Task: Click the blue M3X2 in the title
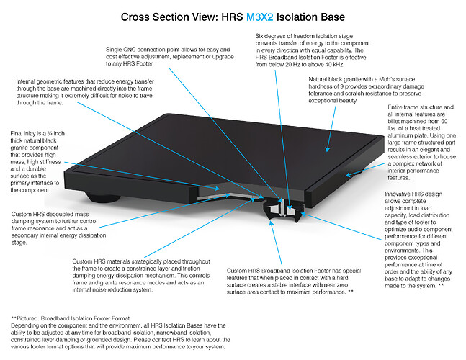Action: [259, 17]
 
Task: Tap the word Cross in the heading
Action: [135, 17]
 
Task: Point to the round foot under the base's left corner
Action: [103, 197]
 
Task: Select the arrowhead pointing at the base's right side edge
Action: [349, 175]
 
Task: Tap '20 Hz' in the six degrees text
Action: [292, 65]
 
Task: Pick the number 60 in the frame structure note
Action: [444, 121]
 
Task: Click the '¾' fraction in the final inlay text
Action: [50, 134]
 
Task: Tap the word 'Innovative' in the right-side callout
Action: [398, 194]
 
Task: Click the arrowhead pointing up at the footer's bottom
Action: [271, 223]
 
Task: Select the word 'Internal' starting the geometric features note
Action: [26, 81]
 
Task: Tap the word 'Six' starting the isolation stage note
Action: [259, 36]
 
